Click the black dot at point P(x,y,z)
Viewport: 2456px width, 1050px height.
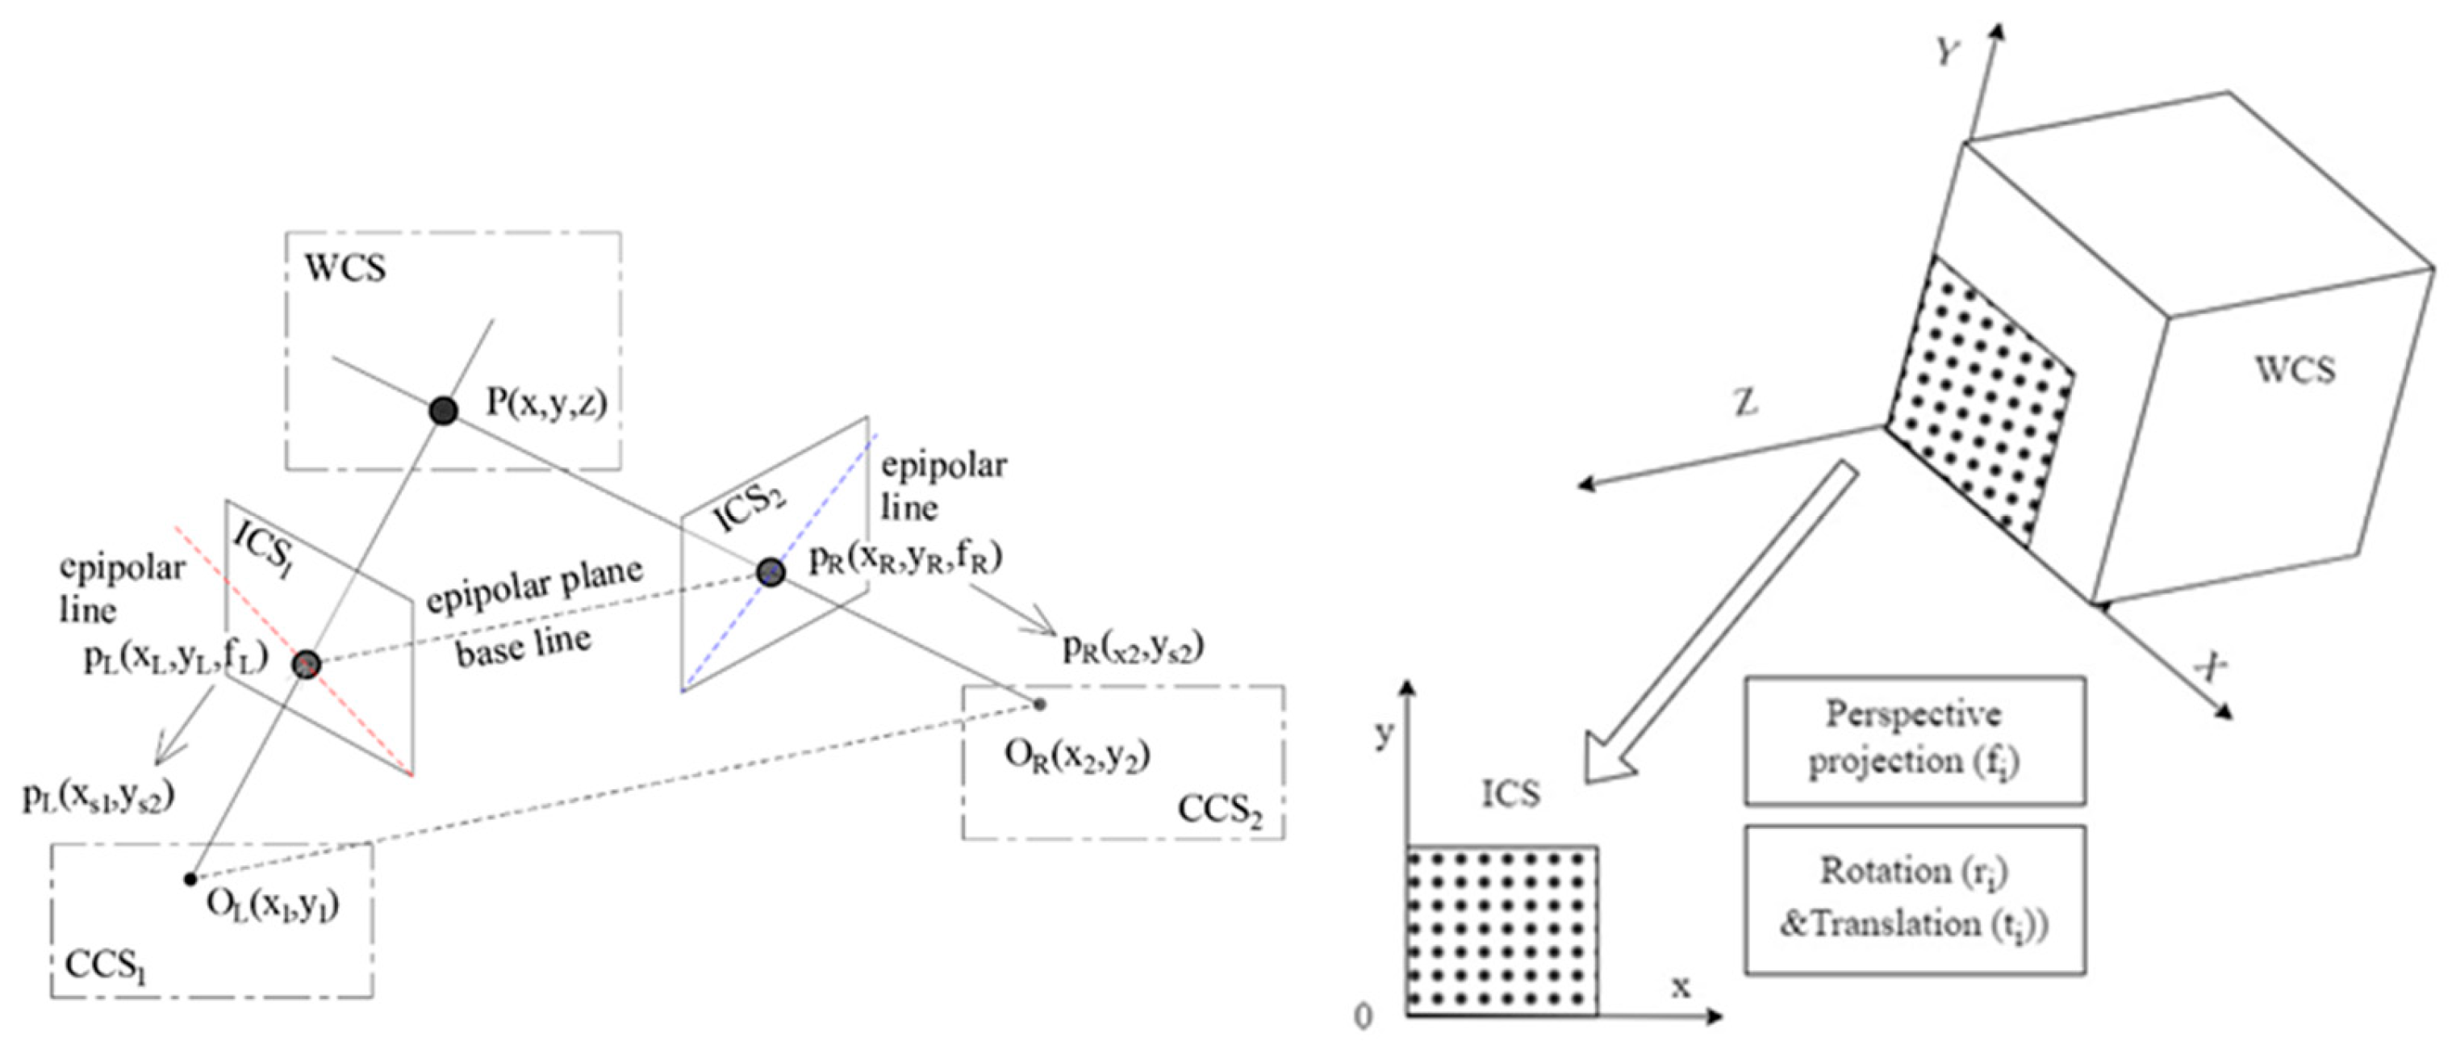click(443, 411)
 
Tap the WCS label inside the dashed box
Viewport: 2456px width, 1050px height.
click(345, 269)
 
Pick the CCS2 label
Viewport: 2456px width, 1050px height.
click(1219, 810)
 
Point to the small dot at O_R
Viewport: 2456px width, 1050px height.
click(1040, 705)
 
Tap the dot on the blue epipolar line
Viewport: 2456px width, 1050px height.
click(771, 572)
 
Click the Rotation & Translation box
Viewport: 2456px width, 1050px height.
click(1915, 899)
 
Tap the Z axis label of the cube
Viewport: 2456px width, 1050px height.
click(1744, 404)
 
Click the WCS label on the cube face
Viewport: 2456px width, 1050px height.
click(2295, 370)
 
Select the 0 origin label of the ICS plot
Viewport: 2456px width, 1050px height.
click(1364, 1018)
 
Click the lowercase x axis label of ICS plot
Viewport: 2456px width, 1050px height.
click(1681, 987)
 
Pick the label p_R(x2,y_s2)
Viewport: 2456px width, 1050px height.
click(1134, 647)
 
